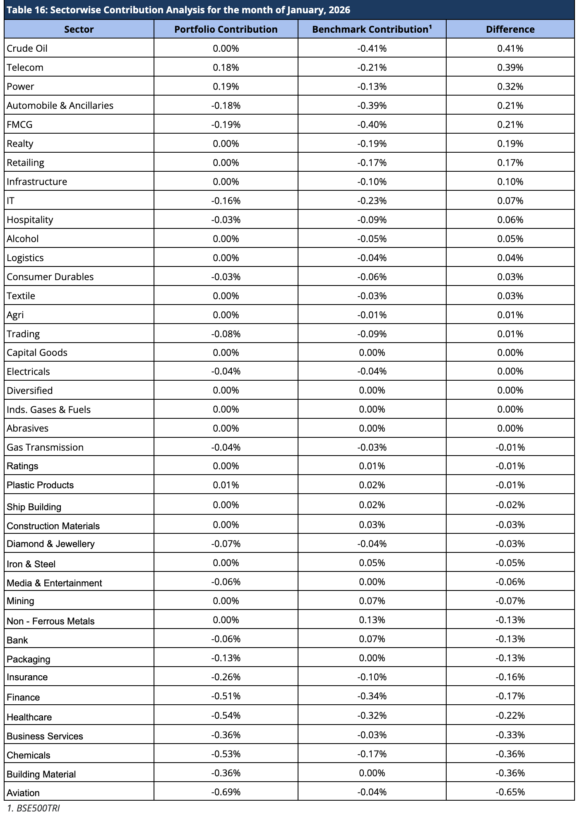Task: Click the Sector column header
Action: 79,29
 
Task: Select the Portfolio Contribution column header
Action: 226,29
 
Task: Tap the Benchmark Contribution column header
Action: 372,29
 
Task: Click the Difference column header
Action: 510,29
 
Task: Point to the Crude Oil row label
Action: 27,48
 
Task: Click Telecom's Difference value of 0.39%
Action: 510,67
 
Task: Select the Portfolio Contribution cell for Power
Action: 226,86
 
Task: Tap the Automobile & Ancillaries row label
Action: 60,106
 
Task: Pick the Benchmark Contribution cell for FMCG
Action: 372,125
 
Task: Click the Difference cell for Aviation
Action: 510,792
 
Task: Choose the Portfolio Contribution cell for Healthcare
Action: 226,715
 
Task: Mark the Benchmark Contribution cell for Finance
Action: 372,696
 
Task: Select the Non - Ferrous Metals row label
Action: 51,621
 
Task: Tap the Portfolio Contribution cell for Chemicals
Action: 226,754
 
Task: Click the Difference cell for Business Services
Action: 510,735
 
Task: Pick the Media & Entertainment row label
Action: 55,583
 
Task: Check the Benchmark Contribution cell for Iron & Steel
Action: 372,563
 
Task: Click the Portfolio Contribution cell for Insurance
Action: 226,677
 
